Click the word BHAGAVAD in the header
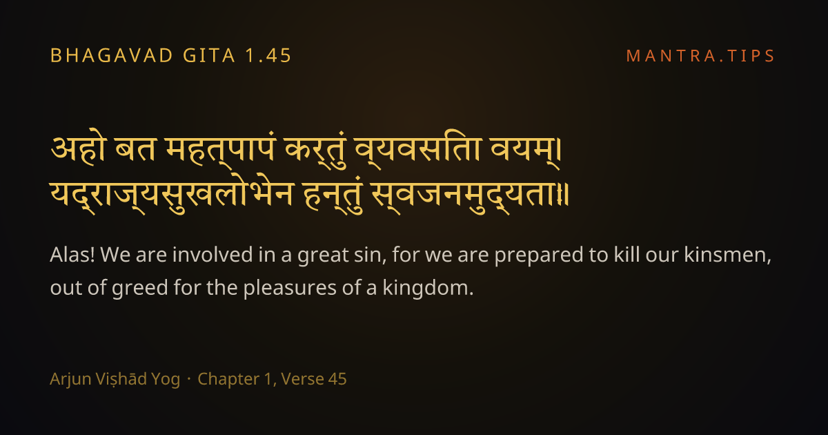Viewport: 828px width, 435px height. tap(112, 56)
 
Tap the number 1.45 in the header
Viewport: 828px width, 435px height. tap(268, 56)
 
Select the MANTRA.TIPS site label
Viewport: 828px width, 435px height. tap(700, 56)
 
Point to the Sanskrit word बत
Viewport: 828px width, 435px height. tap(135, 149)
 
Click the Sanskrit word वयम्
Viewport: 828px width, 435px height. tap(526, 152)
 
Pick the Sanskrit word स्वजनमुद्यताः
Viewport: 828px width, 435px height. tap(470, 196)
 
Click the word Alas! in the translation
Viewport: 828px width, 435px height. tap(72, 255)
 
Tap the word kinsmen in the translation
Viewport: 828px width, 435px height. tap(727, 255)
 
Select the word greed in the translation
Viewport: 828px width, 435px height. tap(140, 289)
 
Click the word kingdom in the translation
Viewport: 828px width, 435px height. tap(428, 289)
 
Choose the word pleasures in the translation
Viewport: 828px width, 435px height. tap(290, 289)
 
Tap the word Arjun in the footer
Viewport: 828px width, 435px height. tap(70, 379)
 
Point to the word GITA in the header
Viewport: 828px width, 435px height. tap(209, 56)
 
